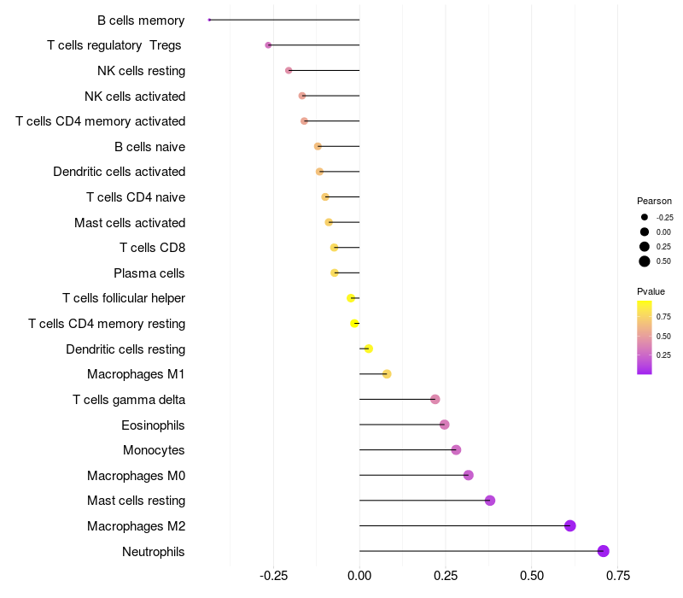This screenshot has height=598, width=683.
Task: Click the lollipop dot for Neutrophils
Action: click(x=604, y=551)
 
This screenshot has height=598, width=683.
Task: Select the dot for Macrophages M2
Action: click(x=570, y=525)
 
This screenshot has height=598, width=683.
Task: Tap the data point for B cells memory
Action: click(x=209, y=20)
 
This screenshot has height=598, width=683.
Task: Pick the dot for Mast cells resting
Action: click(x=490, y=501)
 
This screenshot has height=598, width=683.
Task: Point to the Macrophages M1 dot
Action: click(x=387, y=374)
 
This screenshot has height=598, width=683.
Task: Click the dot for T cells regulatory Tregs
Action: click(x=268, y=45)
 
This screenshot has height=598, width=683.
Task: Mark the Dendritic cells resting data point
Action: click(x=368, y=349)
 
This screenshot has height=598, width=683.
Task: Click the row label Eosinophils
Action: click(x=154, y=425)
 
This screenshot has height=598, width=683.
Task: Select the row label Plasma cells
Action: click(x=149, y=273)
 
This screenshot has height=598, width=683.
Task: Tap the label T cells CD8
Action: click(x=152, y=248)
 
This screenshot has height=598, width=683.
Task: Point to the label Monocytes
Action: click(x=154, y=450)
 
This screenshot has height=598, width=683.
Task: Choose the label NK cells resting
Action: click(x=141, y=70)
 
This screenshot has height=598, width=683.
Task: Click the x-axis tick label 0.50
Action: click(x=532, y=575)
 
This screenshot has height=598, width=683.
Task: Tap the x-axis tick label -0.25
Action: click(x=272, y=575)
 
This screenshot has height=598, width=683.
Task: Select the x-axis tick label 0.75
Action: click(x=618, y=575)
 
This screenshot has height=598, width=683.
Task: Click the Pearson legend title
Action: click(x=654, y=201)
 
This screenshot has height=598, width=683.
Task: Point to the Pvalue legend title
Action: click(x=651, y=291)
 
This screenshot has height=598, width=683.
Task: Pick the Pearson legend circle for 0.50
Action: click(x=645, y=261)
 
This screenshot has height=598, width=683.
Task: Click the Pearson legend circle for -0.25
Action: click(x=645, y=217)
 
